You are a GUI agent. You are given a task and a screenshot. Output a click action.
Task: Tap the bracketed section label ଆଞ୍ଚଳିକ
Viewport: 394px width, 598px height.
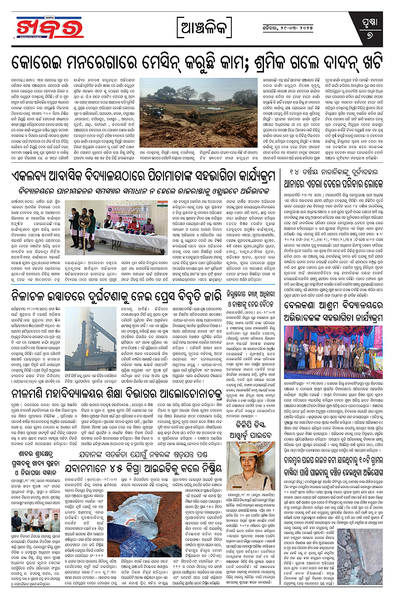(198, 24)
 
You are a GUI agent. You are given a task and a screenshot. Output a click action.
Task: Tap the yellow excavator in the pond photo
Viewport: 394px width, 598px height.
(187, 112)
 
